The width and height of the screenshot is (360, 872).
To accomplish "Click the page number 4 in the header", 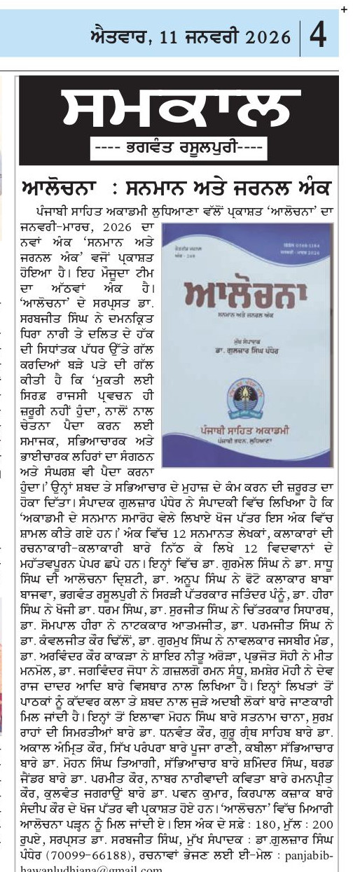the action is [317, 34].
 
